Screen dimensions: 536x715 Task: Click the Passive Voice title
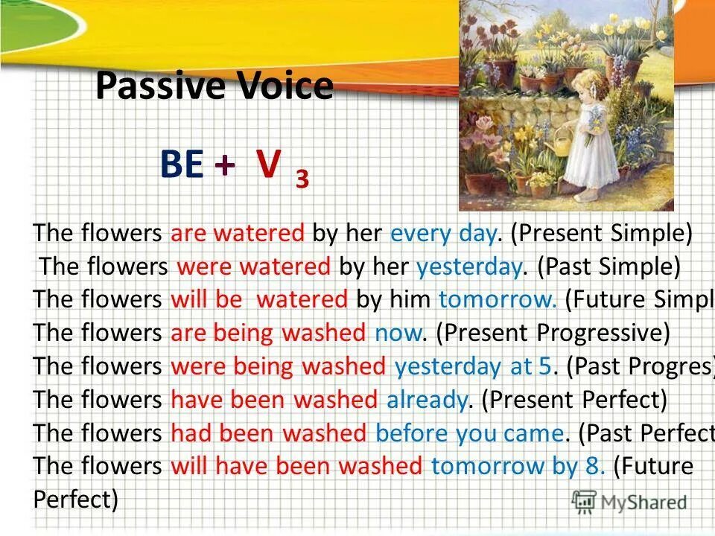coord(214,86)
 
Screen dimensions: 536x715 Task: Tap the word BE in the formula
coord(182,165)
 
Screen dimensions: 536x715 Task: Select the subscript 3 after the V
coord(302,179)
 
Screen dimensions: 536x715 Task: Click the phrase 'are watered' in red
coord(238,234)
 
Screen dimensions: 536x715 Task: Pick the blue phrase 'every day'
coord(443,234)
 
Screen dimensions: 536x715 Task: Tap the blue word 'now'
coord(398,333)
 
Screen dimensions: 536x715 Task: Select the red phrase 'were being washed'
coord(279,366)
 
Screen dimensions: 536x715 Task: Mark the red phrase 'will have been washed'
coord(296,467)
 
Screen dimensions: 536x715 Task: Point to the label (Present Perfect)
coord(574,400)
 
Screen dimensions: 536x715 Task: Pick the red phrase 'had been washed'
coord(268,433)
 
